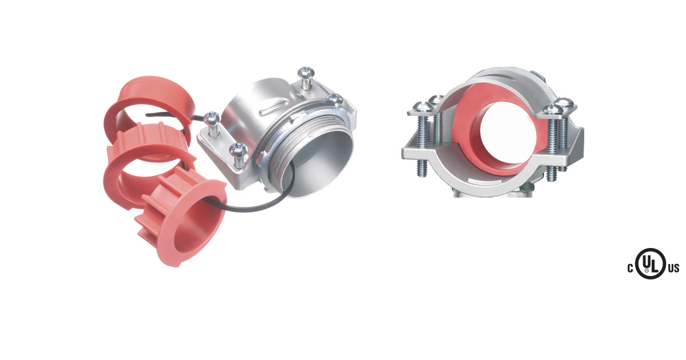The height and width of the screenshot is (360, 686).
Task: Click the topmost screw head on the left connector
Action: tap(306, 73)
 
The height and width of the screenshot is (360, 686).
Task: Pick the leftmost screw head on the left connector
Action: tap(212, 118)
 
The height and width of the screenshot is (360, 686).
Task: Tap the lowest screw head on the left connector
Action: tap(238, 150)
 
